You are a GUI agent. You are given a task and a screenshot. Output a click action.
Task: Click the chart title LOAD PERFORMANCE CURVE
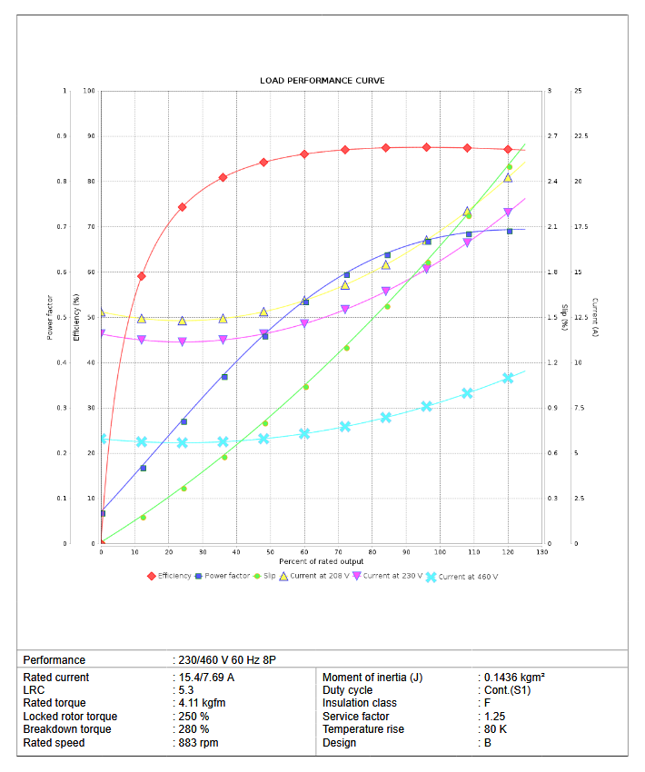coord(322,81)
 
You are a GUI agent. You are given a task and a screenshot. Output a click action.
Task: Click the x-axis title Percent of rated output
coord(322,561)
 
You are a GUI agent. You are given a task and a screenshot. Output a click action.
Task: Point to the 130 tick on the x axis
coord(542,551)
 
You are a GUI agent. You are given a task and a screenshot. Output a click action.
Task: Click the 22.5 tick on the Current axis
coord(581,136)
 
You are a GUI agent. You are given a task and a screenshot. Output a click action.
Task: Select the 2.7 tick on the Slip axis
coord(551,136)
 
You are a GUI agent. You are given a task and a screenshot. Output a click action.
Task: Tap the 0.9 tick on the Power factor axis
coord(63,136)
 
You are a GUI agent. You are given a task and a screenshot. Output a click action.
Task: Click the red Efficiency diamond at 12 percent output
coord(142,276)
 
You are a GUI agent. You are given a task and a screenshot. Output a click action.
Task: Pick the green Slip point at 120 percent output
coord(509,167)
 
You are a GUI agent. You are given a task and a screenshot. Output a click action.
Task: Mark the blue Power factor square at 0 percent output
coord(102,513)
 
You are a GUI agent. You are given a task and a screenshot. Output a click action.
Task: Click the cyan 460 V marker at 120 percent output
coord(508,378)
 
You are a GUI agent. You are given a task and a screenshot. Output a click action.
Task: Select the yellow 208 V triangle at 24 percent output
coord(183,321)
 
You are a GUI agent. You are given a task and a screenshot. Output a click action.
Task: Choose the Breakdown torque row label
coord(67,729)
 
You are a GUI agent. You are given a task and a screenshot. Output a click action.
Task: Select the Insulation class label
coord(360,703)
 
